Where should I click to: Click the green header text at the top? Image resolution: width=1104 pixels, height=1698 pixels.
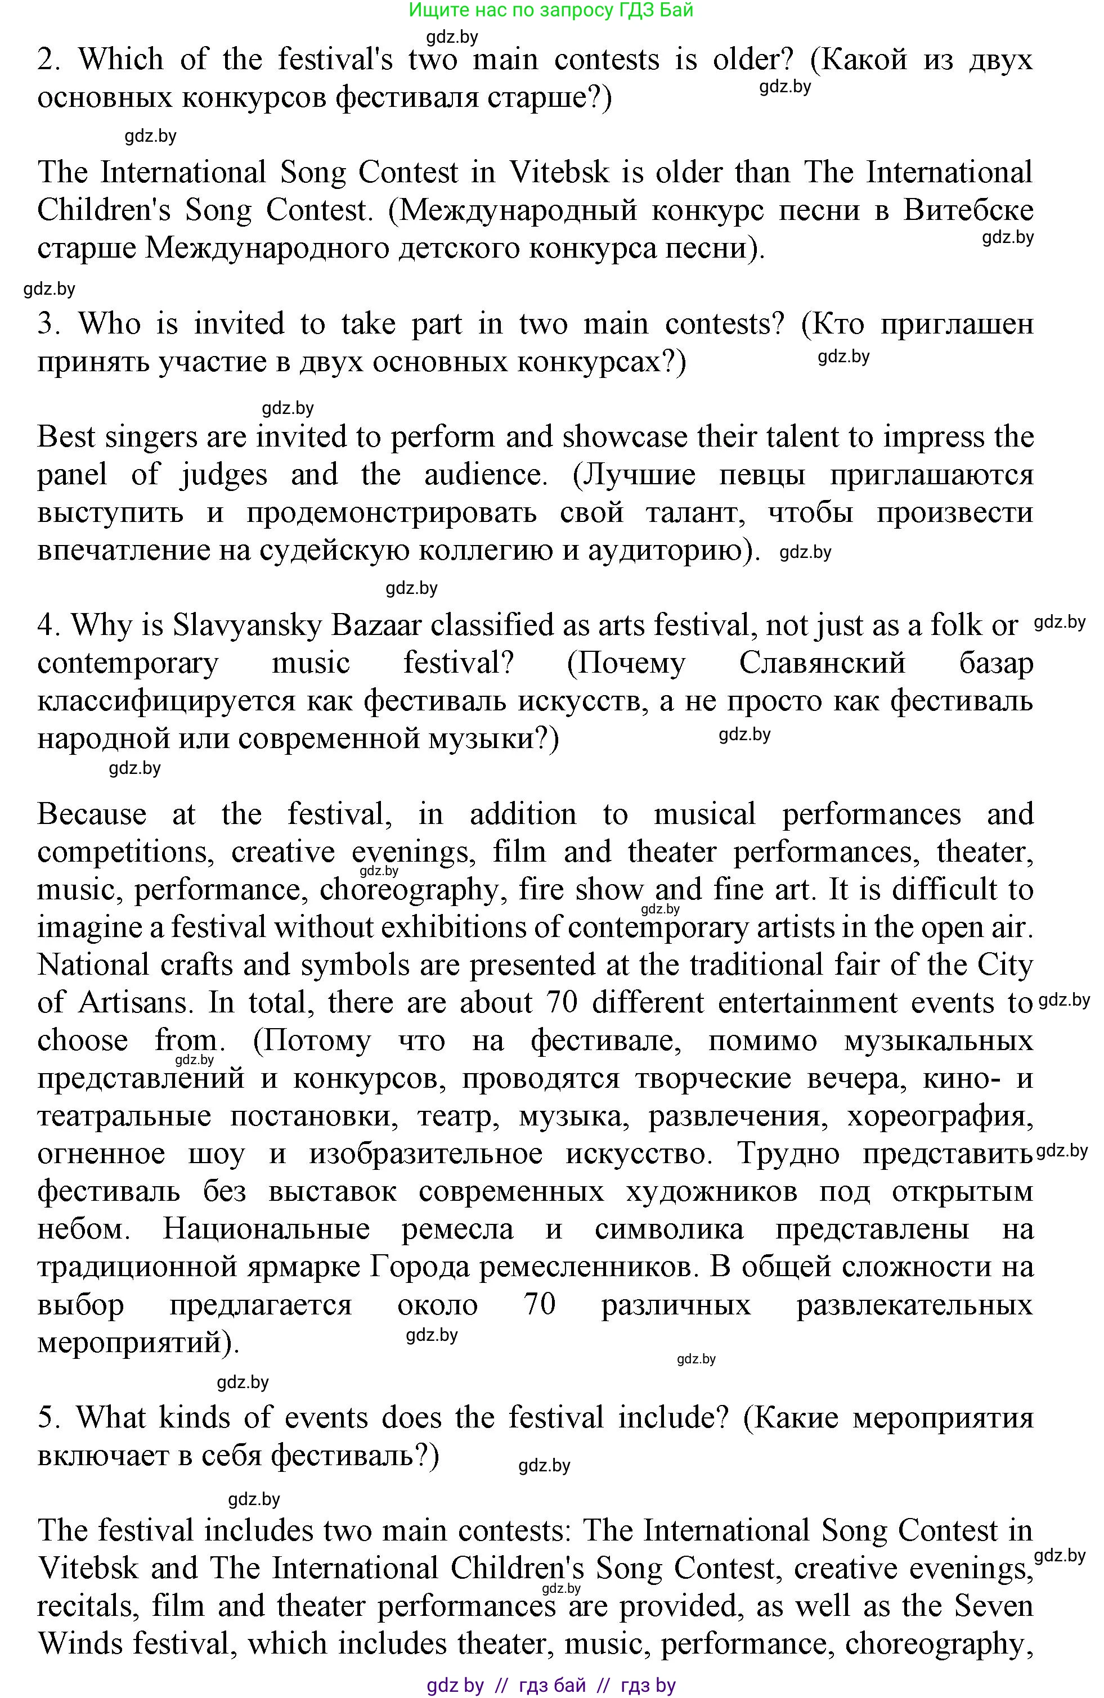550,10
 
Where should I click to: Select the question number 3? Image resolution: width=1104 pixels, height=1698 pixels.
48,324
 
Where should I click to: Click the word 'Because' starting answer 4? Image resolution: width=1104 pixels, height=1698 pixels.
91,814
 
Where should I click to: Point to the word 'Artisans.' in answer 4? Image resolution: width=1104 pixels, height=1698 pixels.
136,1003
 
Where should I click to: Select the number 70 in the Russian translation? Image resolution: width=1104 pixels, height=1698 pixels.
540,1305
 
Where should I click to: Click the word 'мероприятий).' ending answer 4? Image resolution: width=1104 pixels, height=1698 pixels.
138,1343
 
